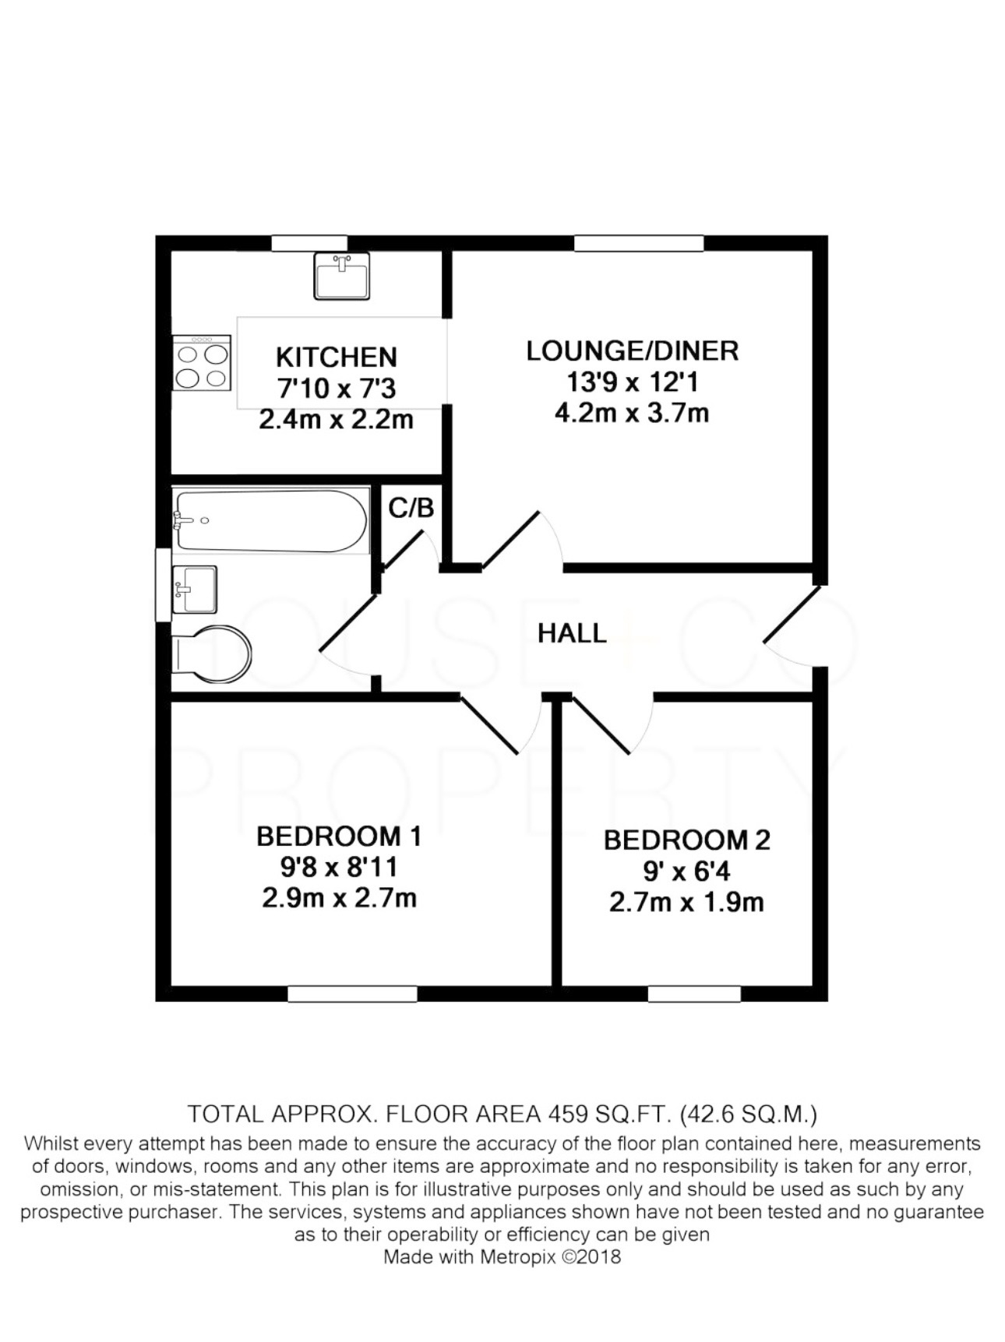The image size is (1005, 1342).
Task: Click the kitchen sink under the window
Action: click(x=341, y=276)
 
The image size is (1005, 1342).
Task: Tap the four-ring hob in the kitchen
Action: click(x=202, y=363)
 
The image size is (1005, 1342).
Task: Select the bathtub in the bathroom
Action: click(x=270, y=520)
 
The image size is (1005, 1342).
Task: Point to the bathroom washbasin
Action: click(x=195, y=589)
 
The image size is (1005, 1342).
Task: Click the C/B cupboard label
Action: click(x=411, y=508)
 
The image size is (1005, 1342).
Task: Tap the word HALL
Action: click(x=572, y=633)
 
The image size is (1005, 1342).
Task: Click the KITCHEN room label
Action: click(x=337, y=358)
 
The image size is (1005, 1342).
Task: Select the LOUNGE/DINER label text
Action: click(x=632, y=350)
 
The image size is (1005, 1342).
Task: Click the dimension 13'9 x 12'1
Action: click(x=632, y=382)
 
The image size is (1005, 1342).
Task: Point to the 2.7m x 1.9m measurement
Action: click(x=686, y=902)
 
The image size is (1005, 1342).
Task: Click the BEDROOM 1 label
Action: click(x=339, y=837)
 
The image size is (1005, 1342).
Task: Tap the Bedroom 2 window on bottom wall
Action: click(x=694, y=994)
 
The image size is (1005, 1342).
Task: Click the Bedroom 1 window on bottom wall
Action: click(x=352, y=994)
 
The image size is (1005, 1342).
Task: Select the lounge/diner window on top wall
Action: click(x=639, y=243)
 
